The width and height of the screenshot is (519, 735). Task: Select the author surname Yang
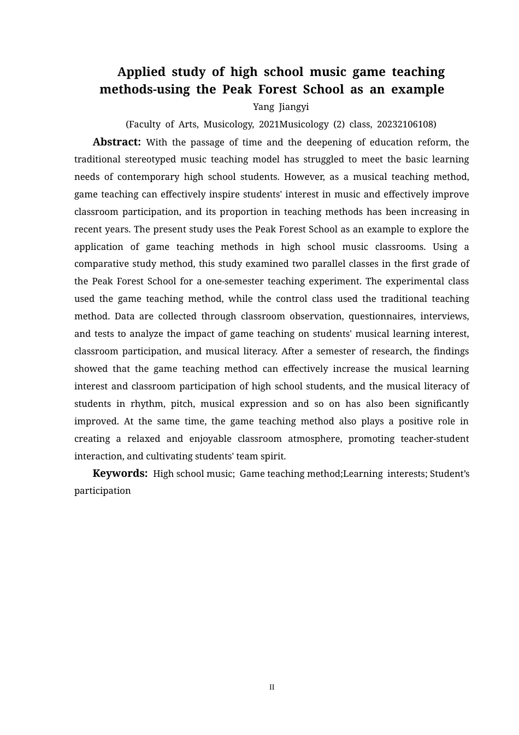[x=263, y=107]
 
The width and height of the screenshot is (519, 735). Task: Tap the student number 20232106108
[x=406, y=124]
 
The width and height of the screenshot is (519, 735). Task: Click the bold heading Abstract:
[x=117, y=142]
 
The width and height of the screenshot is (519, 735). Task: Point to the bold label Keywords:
[x=120, y=474]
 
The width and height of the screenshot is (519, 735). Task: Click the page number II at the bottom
[x=272, y=687]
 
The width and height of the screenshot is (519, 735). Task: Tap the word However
[x=302, y=177]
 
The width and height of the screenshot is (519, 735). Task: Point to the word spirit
[x=273, y=456]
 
